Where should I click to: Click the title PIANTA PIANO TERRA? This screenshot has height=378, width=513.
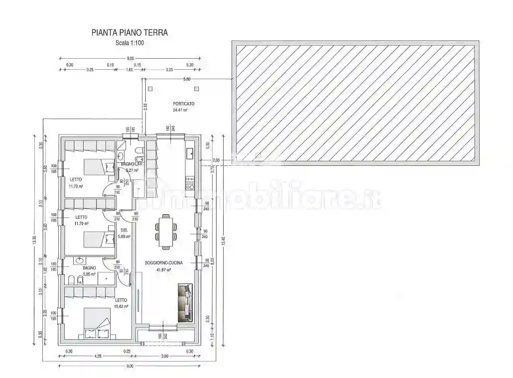pyautogui.click(x=129, y=33)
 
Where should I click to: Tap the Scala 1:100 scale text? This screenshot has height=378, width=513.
pyautogui.click(x=129, y=43)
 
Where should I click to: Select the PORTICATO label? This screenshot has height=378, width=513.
pyautogui.click(x=184, y=104)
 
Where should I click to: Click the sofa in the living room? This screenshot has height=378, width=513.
pyautogui.click(x=185, y=302)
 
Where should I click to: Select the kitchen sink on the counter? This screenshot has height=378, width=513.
pyautogui.click(x=190, y=153)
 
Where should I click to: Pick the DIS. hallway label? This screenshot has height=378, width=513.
pyautogui.click(x=125, y=230)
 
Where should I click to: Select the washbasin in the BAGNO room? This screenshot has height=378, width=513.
pyautogui.click(x=80, y=260)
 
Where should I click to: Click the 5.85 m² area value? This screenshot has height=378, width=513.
pyautogui.click(x=89, y=274)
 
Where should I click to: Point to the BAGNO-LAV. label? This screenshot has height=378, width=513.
pyautogui.click(x=132, y=164)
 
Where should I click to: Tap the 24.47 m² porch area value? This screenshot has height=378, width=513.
pyautogui.click(x=180, y=110)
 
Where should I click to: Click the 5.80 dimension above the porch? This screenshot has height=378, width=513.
pyautogui.click(x=187, y=79)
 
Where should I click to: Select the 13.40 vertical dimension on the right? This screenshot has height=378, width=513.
pyautogui.click(x=224, y=241)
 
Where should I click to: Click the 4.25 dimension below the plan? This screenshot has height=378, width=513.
pyautogui.click(x=98, y=356)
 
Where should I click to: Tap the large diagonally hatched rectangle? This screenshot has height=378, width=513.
pyautogui.click(x=355, y=104)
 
